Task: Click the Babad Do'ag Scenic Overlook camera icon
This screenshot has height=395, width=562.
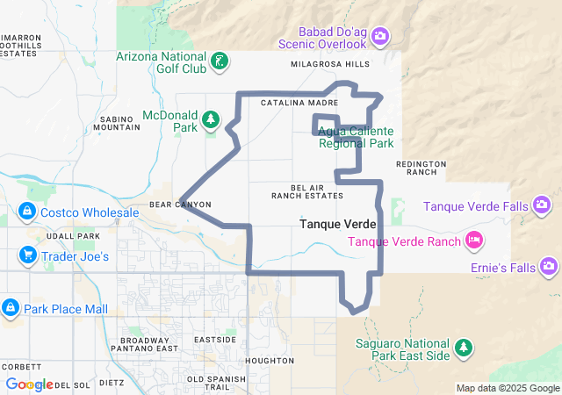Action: pos(380,36)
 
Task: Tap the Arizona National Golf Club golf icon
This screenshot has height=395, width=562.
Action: pos(220,61)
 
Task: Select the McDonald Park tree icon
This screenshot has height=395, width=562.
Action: pos(210,118)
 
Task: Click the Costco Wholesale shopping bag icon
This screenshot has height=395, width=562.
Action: pos(27,212)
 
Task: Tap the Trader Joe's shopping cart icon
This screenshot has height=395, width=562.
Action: pos(27,256)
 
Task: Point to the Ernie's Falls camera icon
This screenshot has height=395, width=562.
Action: pos(550,265)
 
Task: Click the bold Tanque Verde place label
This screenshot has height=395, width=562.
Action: pos(338,225)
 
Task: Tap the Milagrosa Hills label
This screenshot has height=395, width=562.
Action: pos(329,64)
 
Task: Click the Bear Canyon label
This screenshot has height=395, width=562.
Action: pos(180,205)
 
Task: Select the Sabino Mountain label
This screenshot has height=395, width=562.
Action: pos(116,122)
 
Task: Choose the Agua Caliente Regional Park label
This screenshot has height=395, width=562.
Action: pos(355,137)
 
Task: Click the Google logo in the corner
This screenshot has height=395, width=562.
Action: pos(29,384)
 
